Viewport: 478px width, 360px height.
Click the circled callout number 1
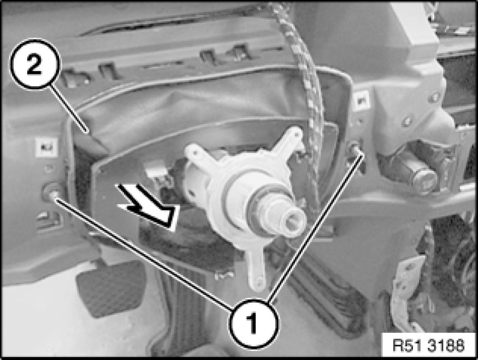point(253,324)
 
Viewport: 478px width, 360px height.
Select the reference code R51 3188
point(429,346)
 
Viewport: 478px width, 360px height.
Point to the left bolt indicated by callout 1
point(51,193)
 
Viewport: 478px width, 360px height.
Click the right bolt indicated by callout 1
point(355,149)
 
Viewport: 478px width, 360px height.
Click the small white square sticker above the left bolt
point(46,147)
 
